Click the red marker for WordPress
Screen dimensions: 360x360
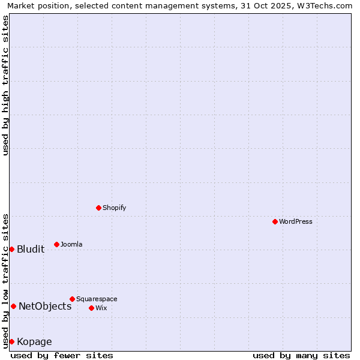pyautogui.click(x=275, y=221)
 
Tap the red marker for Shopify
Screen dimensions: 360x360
pyautogui.click(x=98, y=208)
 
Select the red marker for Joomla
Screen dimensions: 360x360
pyautogui.click(x=56, y=244)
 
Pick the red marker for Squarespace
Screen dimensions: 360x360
pyautogui.click(x=72, y=299)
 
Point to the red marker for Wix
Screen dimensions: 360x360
pyautogui.click(x=91, y=308)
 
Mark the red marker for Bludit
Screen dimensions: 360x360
pyautogui.click(x=11, y=249)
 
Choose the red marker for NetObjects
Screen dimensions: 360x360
pyautogui.click(x=13, y=306)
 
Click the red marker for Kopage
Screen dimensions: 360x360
pyautogui.click(x=11, y=341)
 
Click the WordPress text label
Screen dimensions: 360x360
pyautogui.click(x=296, y=221)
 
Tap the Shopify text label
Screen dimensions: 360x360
pyautogui.click(x=114, y=208)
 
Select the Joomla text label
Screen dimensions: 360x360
pyautogui.click(x=71, y=244)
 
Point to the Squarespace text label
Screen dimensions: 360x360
pyautogui.click(x=97, y=299)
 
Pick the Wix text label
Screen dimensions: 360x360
pyautogui.click(x=101, y=308)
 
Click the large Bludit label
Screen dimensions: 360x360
pyautogui.click(x=31, y=249)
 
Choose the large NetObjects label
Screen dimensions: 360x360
pyautogui.click(x=45, y=306)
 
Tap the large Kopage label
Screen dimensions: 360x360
pyautogui.click(x=34, y=341)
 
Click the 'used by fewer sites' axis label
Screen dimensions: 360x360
pyautogui.click(x=62, y=355)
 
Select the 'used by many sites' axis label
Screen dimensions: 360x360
pyautogui.click(x=301, y=355)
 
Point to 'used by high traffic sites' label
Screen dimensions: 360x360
pyautogui.click(x=5, y=85)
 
